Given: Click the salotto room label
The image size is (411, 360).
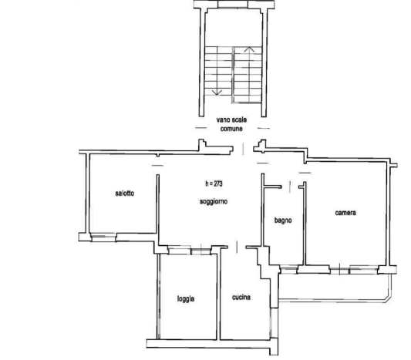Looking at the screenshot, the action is point(125,193).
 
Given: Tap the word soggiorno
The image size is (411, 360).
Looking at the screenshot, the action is point(214,202).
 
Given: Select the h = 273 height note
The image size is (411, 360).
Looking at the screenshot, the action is point(214,183).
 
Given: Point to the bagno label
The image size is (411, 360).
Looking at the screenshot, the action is point(283,220).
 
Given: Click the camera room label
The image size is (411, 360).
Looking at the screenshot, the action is point(345,213).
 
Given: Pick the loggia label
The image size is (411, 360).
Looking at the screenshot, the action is point(186,298).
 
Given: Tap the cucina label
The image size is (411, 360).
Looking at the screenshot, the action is point(241,297).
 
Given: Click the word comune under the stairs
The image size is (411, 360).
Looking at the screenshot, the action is point(231,129).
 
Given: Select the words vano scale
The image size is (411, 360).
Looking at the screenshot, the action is point(231,119).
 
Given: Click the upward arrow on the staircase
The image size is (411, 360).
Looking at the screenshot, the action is point(249,50).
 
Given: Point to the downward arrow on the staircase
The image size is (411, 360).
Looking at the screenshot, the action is point(217,92).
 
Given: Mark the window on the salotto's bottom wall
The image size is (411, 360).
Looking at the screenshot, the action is point(103,237).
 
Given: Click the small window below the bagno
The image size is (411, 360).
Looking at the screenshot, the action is point(288,270).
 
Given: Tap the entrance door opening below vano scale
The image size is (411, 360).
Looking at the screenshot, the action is point(243,149).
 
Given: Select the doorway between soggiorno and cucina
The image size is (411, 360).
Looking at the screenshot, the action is point(237,247).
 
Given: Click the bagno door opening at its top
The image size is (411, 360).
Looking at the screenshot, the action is point(290,187).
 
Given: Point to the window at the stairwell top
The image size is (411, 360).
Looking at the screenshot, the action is point(233,4).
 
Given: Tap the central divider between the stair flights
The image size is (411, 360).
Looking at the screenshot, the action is point(233,75).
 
